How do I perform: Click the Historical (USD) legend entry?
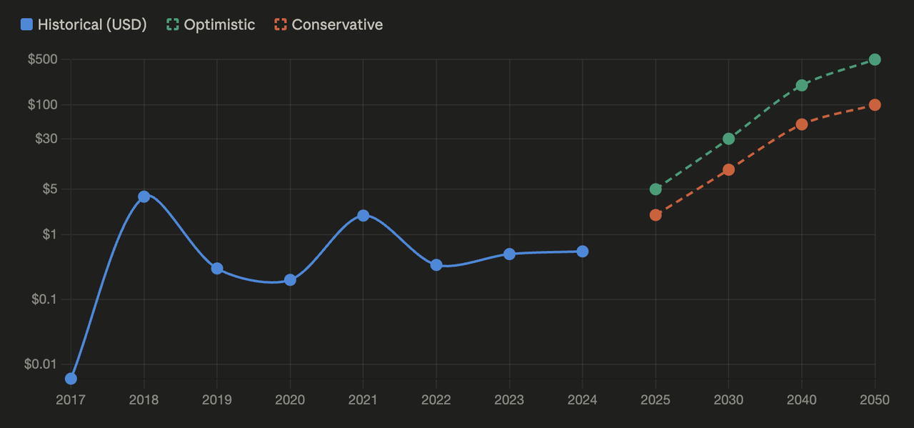[x=84, y=24]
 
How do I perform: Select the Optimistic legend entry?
[x=211, y=24]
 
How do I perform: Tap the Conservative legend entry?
[x=329, y=24]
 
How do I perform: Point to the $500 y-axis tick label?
[x=42, y=59]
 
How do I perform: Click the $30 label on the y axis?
[x=46, y=139]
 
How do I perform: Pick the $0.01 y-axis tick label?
[x=41, y=364]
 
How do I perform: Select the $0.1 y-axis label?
[x=44, y=299]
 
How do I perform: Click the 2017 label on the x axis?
[x=71, y=399]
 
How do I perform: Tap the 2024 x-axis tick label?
[x=582, y=399]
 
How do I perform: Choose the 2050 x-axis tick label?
[x=875, y=399]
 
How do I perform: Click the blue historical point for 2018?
[x=144, y=196]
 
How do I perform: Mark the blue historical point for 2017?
[x=71, y=379]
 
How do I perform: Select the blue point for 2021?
[x=363, y=216]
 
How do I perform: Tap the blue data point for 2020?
[x=290, y=280]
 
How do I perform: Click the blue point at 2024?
[x=583, y=252]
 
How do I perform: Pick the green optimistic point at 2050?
[x=875, y=59]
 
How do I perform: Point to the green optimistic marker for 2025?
[x=656, y=189]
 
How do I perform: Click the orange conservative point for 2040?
[x=802, y=124]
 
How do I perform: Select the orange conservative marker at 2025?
[x=656, y=215]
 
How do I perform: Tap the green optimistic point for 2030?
[x=729, y=139]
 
